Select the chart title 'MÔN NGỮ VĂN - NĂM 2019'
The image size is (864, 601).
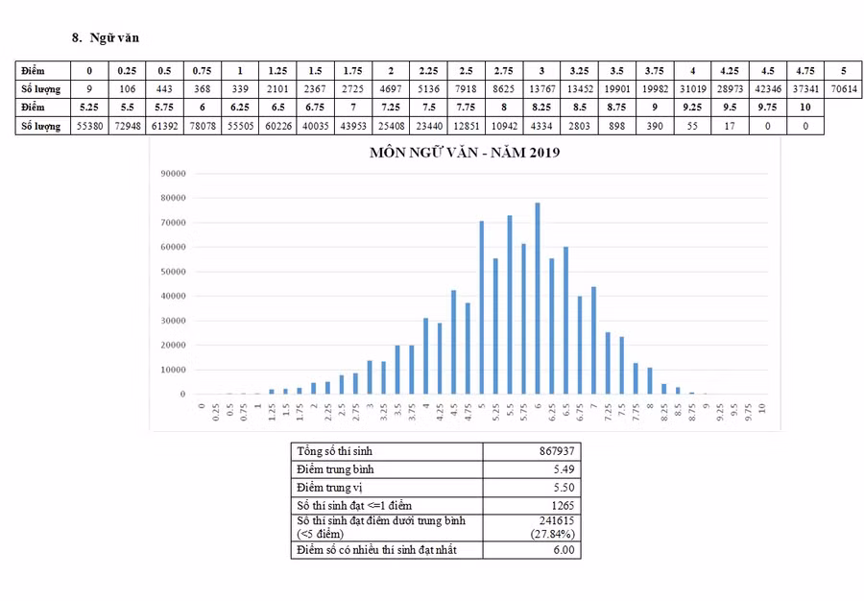pyautogui.click(x=464, y=153)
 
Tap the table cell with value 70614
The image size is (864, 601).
pyautogui.click(x=843, y=88)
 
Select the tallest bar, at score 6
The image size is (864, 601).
pyautogui.click(x=538, y=299)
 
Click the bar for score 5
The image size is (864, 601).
pyautogui.click(x=481, y=307)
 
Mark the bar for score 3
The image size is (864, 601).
pyautogui.click(x=370, y=377)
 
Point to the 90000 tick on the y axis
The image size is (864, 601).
pyautogui.click(x=173, y=174)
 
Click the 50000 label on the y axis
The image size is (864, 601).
pyautogui.click(x=173, y=272)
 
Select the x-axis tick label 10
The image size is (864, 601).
pyautogui.click(x=761, y=407)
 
